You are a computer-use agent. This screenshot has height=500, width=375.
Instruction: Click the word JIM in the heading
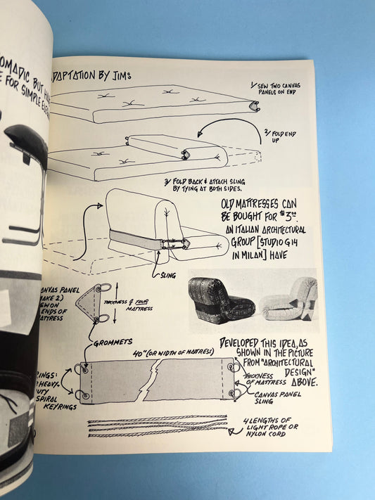coord(122,75)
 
